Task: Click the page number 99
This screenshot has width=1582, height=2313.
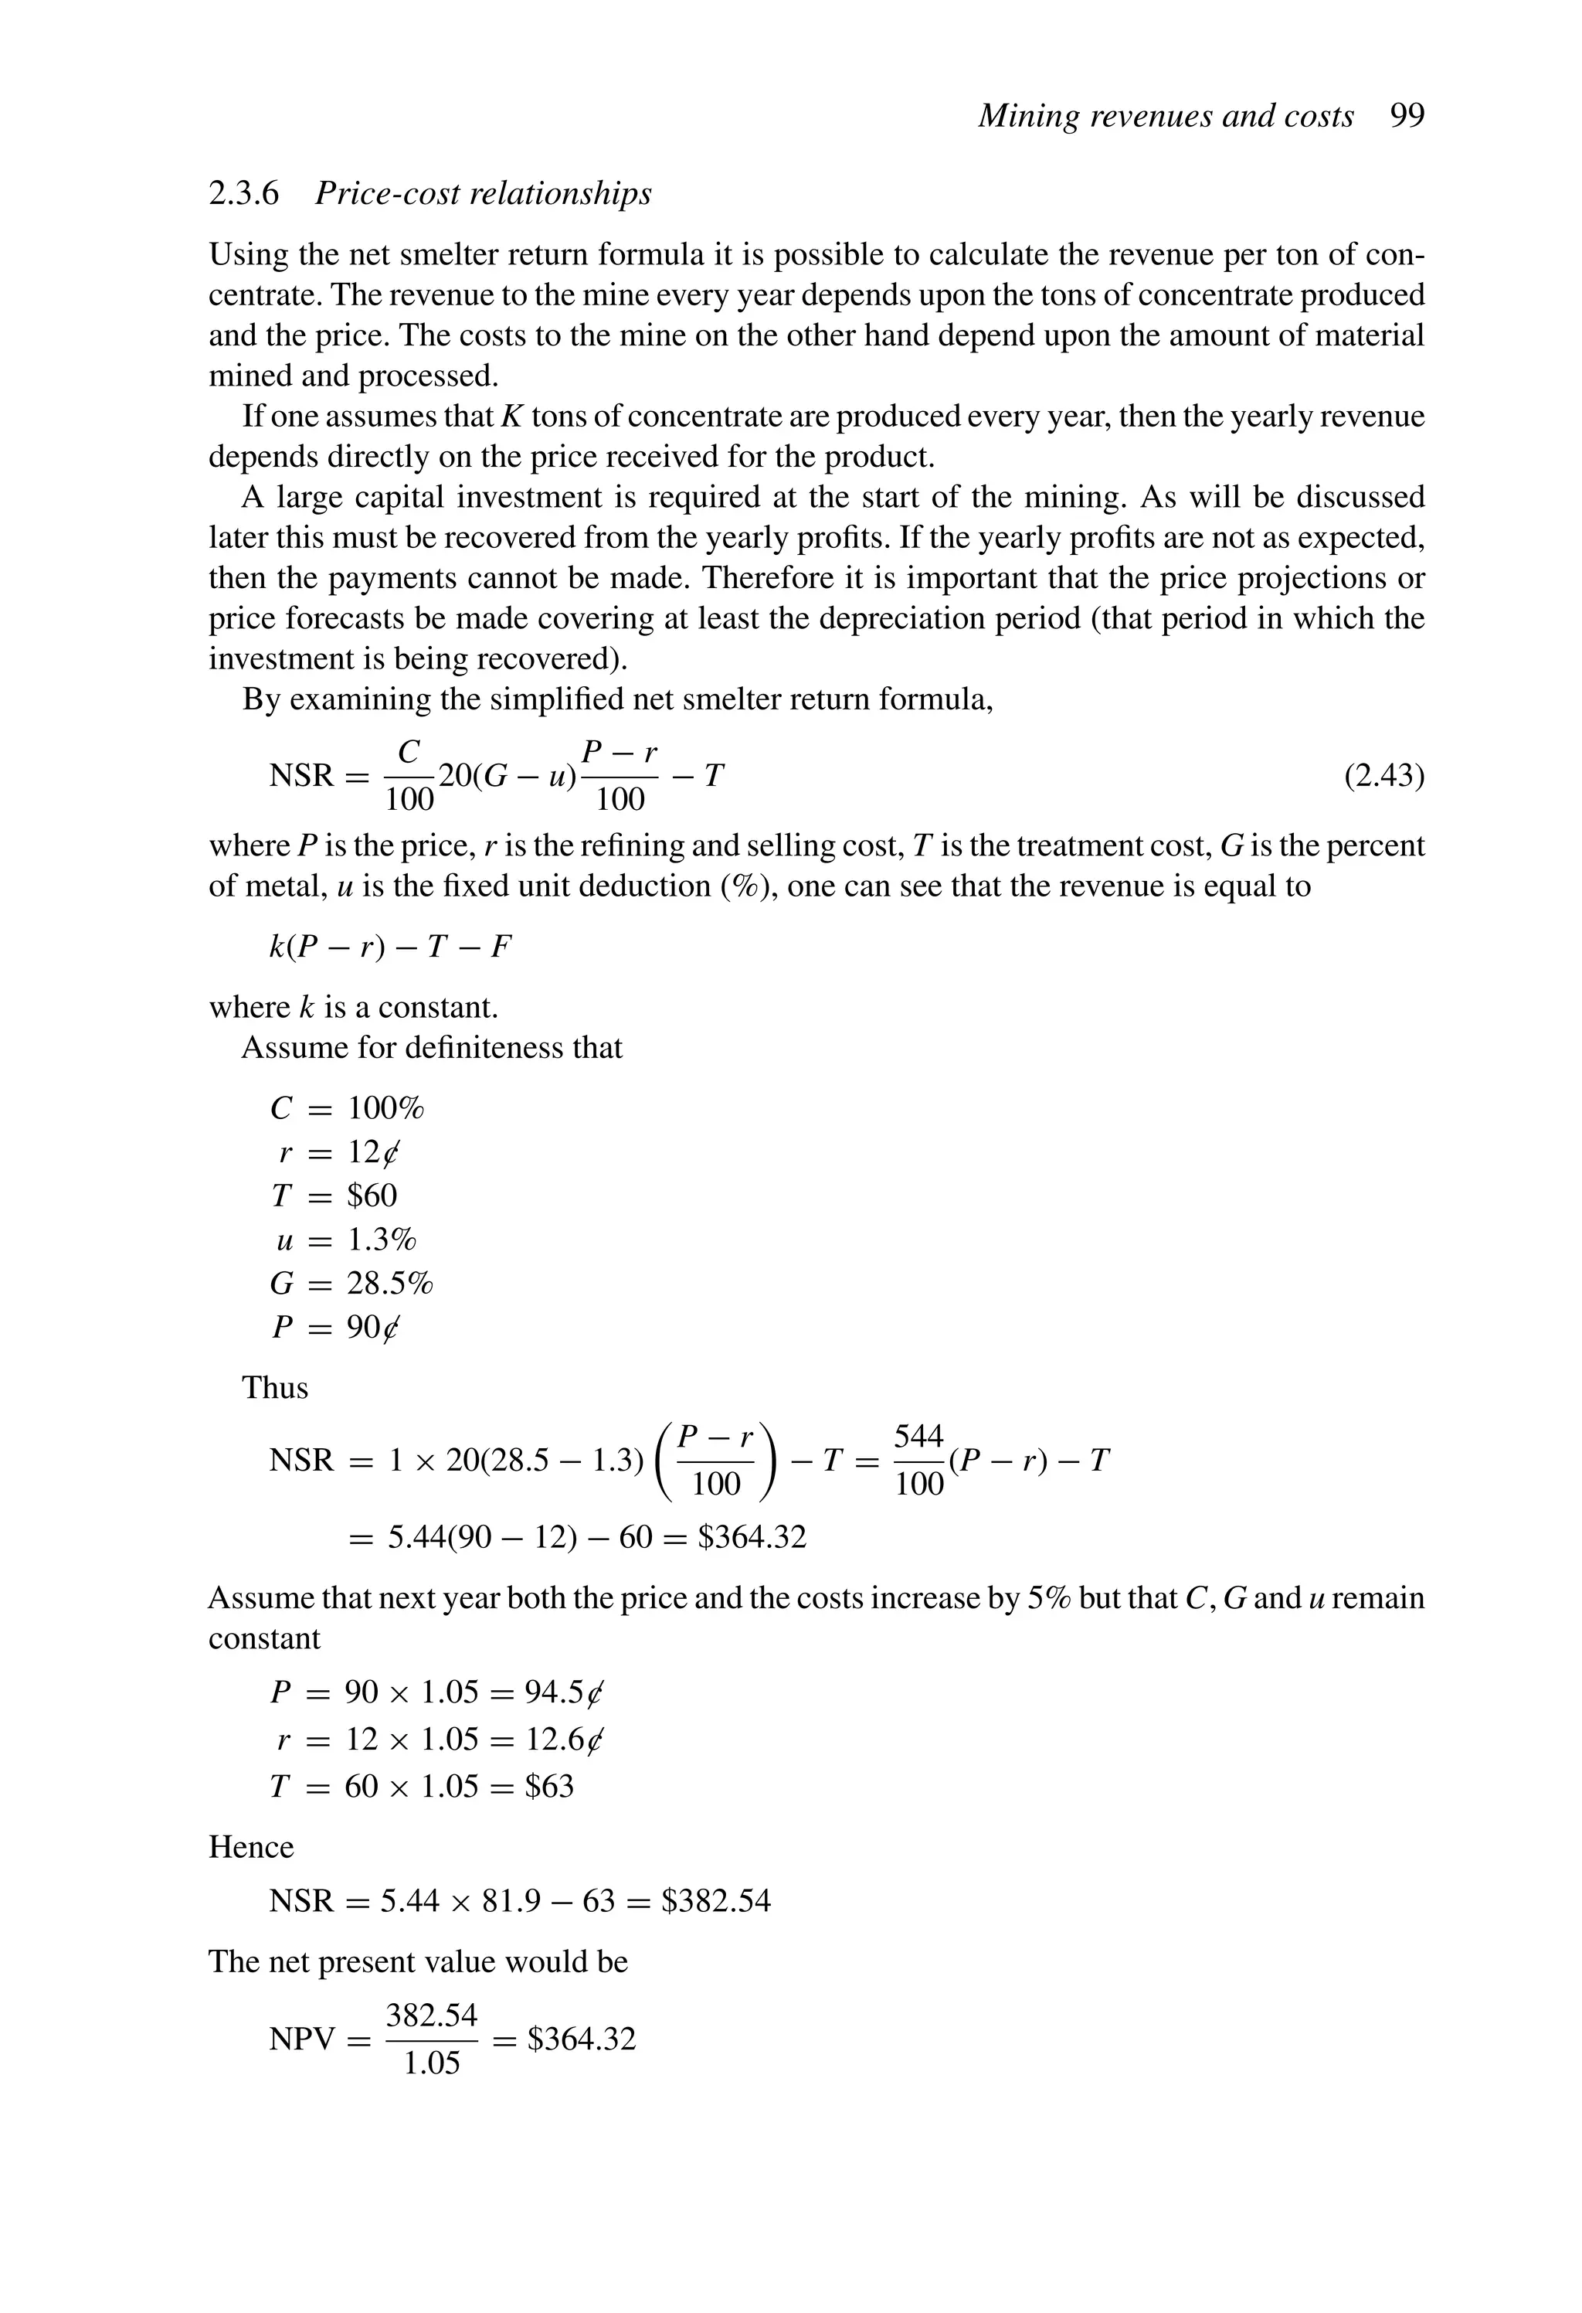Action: (x=1407, y=117)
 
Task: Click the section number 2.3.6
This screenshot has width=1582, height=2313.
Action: (x=244, y=193)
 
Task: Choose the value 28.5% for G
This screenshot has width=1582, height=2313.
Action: (x=390, y=1283)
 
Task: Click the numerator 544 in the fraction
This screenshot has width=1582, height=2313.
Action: (x=918, y=1436)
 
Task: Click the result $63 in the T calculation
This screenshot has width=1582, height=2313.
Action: (x=549, y=1787)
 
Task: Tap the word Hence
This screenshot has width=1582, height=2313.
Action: (x=251, y=1847)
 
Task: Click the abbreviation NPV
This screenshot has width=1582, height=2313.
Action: (x=301, y=2039)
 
